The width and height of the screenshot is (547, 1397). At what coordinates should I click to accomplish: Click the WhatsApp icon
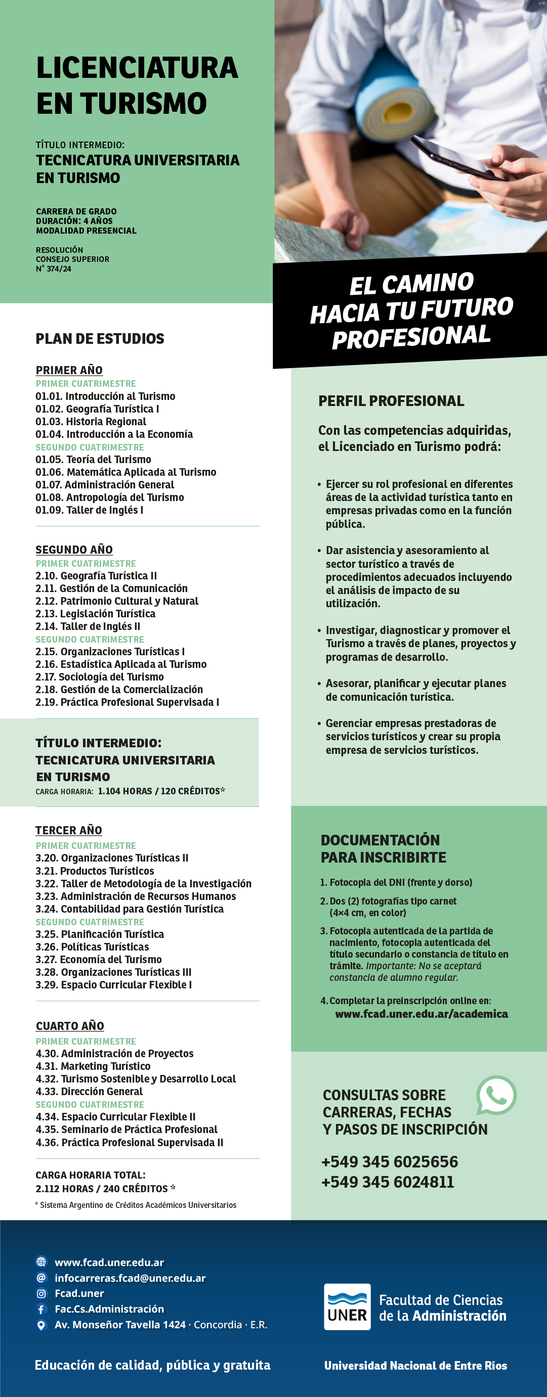point(496,1095)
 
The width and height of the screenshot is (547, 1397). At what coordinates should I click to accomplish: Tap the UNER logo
point(347,1306)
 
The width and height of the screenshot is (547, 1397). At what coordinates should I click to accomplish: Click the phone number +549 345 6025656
point(390,1161)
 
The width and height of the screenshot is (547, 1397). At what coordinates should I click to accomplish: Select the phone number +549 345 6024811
point(388,1182)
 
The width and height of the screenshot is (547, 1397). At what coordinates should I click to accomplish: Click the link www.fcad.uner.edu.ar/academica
point(422,1014)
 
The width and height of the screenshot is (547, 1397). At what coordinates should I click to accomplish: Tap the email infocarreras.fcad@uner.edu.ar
point(130,1278)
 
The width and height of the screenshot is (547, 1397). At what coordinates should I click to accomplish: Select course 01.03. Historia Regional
point(91,422)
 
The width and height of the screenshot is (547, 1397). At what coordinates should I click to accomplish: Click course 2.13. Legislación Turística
point(96,614)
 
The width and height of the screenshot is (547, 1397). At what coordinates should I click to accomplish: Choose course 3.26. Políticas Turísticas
point(92,947)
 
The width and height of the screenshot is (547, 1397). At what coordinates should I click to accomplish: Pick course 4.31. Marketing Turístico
point(93,1066)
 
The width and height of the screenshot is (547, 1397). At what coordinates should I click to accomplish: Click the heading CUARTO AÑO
point(70,1026)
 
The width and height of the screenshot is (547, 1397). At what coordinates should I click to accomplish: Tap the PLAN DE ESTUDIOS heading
point(100,339)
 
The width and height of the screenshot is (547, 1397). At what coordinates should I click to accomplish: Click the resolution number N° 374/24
point(54,269)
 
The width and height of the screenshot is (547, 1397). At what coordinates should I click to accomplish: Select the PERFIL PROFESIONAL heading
point(391,401)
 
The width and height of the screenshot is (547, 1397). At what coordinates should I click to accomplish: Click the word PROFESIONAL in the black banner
point(411,337)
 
